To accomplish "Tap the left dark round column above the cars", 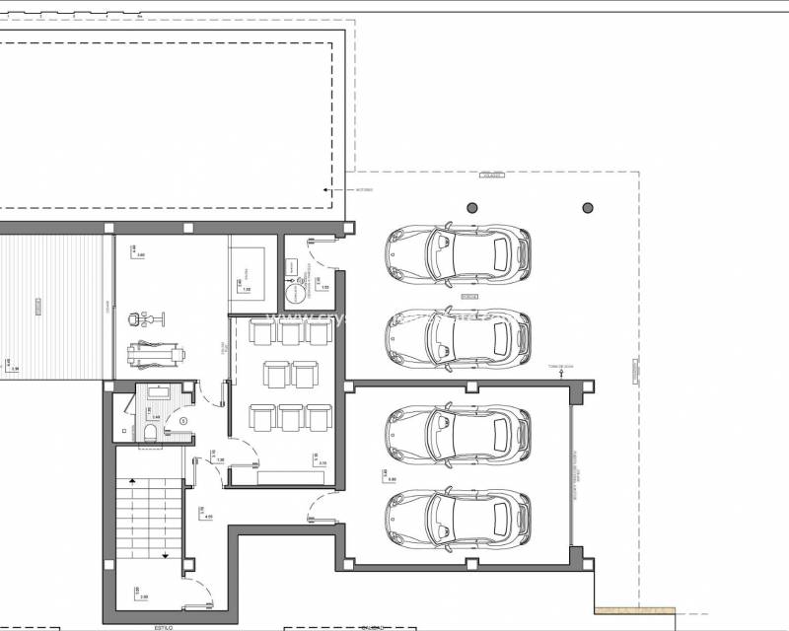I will click(x=472, y=208).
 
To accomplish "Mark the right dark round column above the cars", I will click(x=588, y=208).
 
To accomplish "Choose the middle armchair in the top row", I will click(x=290, y=330).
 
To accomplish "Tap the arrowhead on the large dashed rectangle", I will click(x=325, y=188).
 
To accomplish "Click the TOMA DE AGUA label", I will click(x=560, y=367).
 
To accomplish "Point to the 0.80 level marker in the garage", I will click(x=392, y=478).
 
